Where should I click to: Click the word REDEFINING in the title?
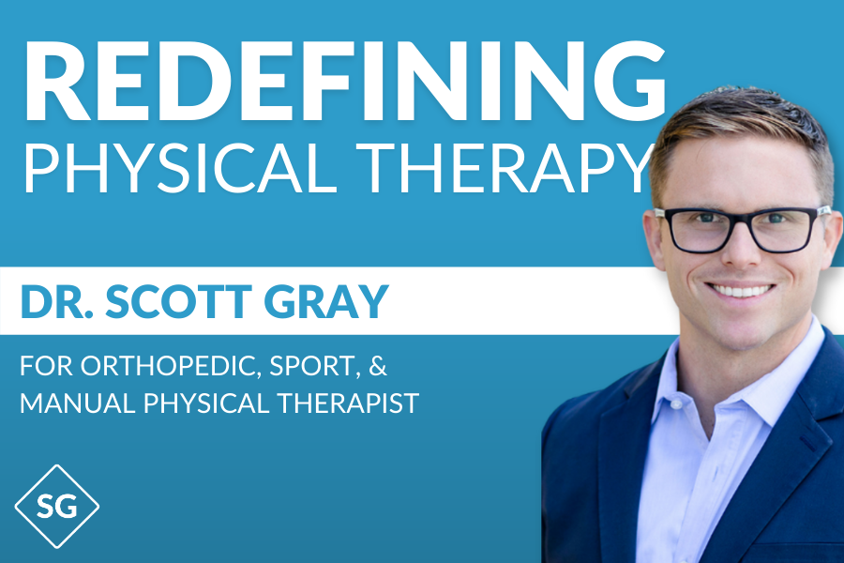344,80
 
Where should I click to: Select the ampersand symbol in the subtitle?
378,365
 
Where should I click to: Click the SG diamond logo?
57,507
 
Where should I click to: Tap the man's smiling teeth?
741,292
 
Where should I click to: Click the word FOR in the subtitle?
46,366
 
